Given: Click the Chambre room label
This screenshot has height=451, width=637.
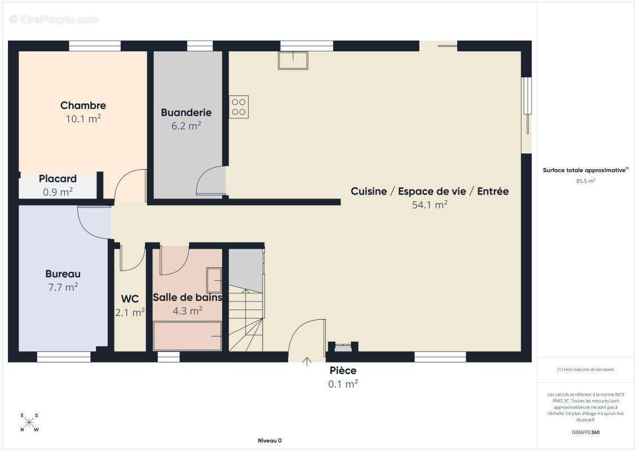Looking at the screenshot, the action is [83, 105].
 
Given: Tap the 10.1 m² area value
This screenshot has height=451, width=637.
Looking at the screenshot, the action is [83, 118].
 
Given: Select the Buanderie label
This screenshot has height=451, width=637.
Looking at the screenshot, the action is [186, 113].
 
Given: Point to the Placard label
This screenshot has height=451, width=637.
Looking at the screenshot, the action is [57, 179].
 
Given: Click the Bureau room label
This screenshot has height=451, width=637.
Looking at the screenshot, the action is [63, 274].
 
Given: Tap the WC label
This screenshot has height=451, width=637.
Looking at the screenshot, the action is [130, 299].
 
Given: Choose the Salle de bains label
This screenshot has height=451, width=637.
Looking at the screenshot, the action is [188, 298].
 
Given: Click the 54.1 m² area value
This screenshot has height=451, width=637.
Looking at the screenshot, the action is [430, 205].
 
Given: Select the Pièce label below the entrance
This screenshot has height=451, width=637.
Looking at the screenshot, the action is [343, 370].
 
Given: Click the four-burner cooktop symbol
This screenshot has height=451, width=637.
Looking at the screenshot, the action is [239, 107].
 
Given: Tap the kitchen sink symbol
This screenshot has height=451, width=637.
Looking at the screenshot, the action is [293, 60].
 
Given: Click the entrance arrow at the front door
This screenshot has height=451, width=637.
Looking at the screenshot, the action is [307, 361].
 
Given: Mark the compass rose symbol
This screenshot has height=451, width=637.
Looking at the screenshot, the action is [29, 423].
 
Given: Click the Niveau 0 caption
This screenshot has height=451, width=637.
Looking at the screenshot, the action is [270, 440].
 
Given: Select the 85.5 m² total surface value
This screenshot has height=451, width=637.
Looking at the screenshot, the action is [585, 181].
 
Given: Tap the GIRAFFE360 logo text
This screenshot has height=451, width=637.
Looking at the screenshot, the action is [585, 432].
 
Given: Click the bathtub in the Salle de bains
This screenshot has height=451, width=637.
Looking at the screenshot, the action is [187, 336].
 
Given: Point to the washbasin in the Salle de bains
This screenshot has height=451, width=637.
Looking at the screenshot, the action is [214, 280].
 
